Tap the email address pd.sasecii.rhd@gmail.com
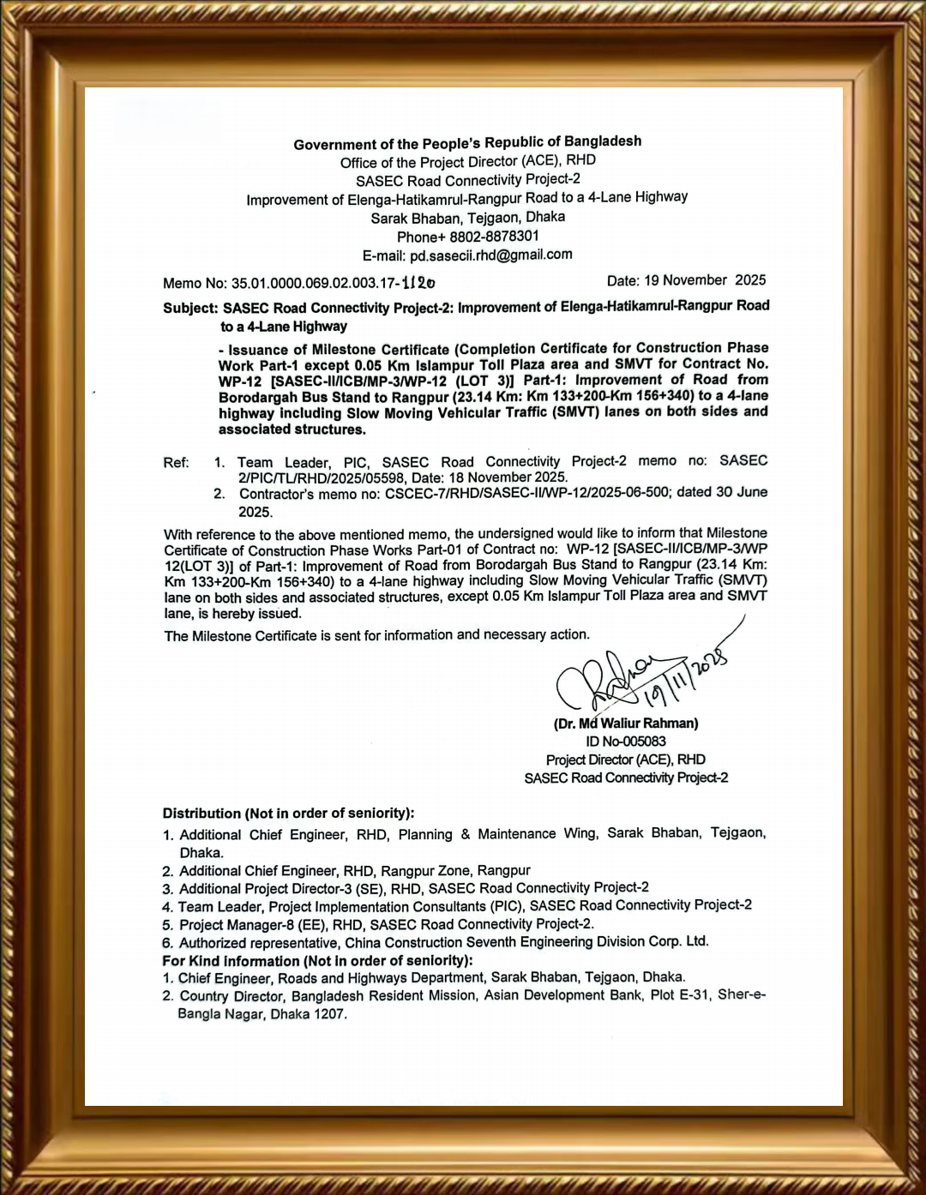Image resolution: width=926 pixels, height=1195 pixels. coord(490,255)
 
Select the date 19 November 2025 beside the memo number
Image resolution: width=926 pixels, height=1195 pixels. coord(705,280)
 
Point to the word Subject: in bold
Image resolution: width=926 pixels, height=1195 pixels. coord(190,308)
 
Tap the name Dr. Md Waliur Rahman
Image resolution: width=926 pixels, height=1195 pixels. coord(626,724)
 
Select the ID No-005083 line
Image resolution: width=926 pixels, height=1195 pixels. coord(626,742)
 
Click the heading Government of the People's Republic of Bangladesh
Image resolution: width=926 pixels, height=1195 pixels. coord(467,143)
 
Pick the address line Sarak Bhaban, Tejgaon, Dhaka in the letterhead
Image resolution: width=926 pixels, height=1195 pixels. coord(467,218)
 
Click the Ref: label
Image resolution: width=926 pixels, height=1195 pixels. coord(176,463)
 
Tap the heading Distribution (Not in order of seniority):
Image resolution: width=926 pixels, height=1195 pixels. coord(288,814)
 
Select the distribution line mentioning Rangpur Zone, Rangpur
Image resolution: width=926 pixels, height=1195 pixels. coord(354,871)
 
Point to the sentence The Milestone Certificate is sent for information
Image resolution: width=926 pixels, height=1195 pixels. coord(376,635)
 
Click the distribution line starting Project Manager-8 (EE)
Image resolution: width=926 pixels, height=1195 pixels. coord(386,924)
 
